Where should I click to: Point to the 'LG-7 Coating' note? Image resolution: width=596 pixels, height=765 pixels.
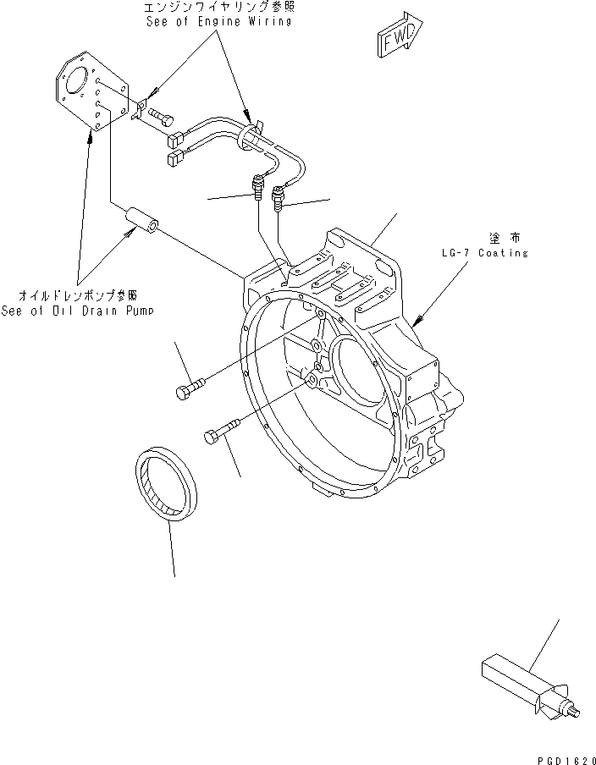point(485,253)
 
